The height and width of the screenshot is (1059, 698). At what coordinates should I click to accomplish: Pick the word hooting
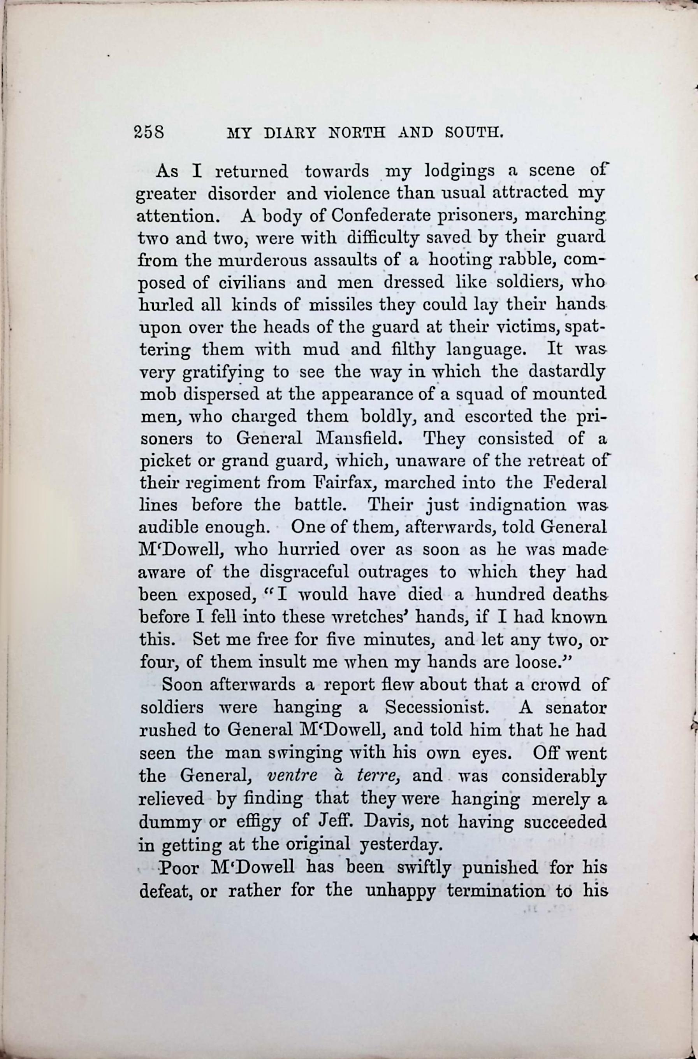point(457,261)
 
